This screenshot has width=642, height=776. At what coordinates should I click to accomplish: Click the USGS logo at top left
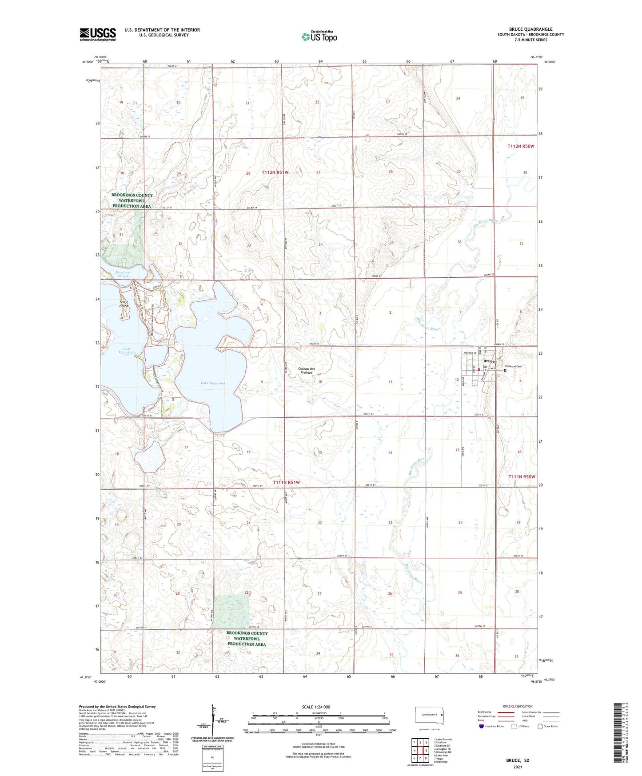tap(97, 34)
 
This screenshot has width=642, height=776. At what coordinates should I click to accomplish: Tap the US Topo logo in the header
tap(319, 36)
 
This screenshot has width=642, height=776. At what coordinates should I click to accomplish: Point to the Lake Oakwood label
tap(213, 383)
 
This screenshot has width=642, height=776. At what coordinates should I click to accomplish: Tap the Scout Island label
tap(124, 304)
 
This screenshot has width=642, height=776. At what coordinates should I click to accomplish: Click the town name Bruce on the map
tap(489, 361)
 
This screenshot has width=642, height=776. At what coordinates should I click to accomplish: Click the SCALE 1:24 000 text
tap(316, 707)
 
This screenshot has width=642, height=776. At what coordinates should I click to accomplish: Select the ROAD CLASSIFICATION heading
tap(518, 706)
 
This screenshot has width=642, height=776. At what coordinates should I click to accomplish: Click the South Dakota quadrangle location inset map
tap(429, 715)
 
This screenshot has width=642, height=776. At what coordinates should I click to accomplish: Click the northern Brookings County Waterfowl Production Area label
tap(132, 200)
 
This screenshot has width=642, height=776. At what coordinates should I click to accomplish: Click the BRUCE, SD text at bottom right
tap(517, 760)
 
